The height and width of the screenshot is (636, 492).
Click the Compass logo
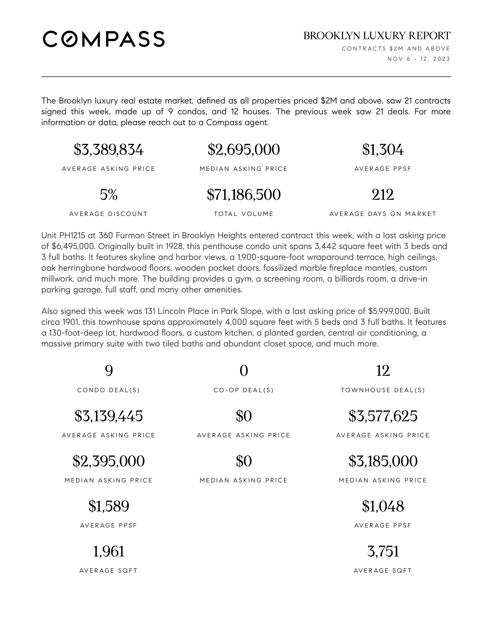[x=104, y=39]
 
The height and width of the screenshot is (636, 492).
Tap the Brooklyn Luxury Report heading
[x=377, y=36]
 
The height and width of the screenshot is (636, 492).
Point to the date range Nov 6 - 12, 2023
[x=418, y=59]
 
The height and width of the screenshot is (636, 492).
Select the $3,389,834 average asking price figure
[x=109, y=150]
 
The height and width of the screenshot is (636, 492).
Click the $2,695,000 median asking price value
[x=244, y=150]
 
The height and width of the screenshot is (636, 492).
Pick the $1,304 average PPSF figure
[x=383, y=150]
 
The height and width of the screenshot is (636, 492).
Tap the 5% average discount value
[x=109, y=195]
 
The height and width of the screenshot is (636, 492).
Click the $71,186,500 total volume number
[x=244, y=195]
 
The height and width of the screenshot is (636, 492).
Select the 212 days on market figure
[x=383, y=195]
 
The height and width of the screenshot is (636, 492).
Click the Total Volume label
[x=244, y=214]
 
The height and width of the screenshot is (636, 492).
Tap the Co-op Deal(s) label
[x=244, y=390]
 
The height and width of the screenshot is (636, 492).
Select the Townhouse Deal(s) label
[x=383, y=390]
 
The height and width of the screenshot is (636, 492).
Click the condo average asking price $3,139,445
[x=109, y=416]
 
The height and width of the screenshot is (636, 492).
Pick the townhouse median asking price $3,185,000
[x=383, y=461]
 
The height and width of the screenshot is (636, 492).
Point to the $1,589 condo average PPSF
[x=109, y=506]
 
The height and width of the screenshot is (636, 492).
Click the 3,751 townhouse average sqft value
[x=383, y=552]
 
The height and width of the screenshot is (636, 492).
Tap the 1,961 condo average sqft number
[x=109, y=552]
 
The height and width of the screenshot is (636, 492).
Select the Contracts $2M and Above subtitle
[x=396, y=49]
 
